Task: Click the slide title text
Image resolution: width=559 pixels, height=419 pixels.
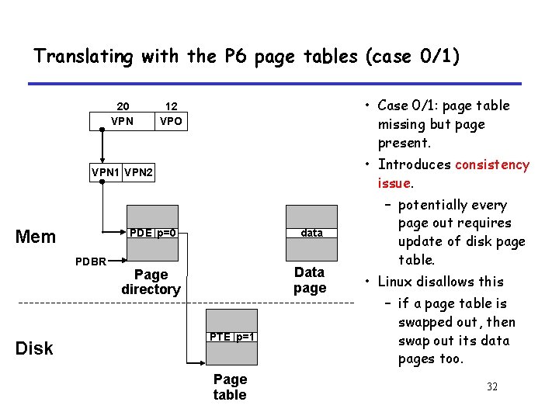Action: tap(247, 56)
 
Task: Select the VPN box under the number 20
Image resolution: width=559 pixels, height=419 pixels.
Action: tap(123, 121)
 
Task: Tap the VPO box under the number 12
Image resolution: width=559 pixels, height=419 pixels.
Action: tap(172, 121)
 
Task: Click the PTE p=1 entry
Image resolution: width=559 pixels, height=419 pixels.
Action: tap(231, 336)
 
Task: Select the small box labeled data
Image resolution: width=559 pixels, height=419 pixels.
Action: tap(311, 233)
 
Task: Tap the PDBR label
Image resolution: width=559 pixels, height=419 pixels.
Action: tap(91, 261)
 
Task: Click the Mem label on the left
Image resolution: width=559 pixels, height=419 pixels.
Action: tap(36, 237)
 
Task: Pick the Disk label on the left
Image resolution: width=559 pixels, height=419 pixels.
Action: tap(34, 348)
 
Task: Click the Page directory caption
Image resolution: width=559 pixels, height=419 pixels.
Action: tap(151, 282)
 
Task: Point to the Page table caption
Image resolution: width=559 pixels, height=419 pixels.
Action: tap(230, 386)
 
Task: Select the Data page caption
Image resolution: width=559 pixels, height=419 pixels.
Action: tap(310, 279)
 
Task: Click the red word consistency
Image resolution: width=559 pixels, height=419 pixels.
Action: tap(492, 164)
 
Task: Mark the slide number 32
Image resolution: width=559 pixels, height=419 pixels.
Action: tap(492, 386)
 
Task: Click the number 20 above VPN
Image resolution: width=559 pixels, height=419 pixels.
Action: tap(123, 106)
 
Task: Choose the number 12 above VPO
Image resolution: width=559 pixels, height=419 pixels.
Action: tap(172, 106)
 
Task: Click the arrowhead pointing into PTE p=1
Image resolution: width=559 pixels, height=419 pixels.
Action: tap(201, 362)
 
